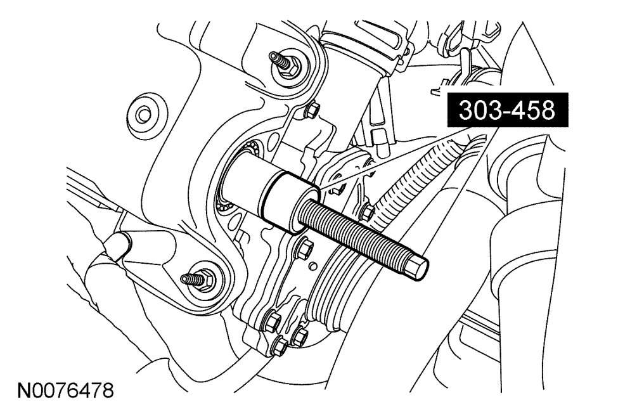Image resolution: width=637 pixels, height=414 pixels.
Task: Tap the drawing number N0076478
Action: pyautogui.click(x=65, y=391)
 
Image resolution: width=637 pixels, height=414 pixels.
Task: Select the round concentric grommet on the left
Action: pyautogui.click(x=142, y=115)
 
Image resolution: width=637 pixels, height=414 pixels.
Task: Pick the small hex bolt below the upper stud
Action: pyautogui.click(x=312, y=110)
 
